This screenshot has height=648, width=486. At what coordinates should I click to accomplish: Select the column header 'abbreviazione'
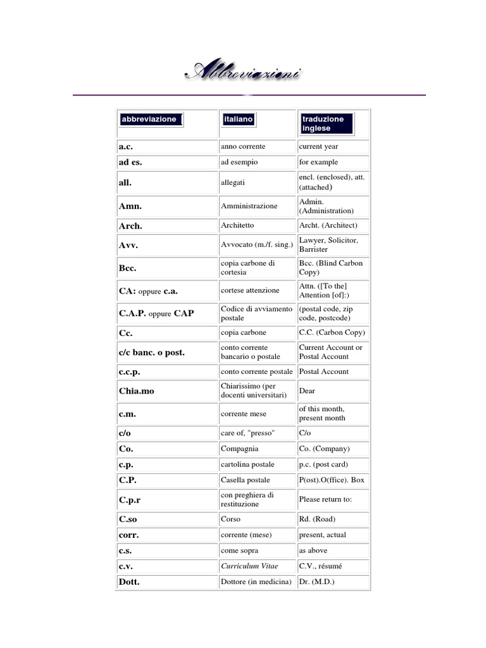click(149, 119)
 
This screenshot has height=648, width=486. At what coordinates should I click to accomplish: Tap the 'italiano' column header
click(238, 119)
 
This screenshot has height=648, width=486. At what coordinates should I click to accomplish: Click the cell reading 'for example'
click(319, 162)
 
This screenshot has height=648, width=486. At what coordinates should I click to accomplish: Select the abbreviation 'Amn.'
click(130, 206)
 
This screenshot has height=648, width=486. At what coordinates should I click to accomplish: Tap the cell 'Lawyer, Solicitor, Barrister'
click(328, 244)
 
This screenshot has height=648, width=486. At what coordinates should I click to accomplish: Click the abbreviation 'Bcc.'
click(128, 267)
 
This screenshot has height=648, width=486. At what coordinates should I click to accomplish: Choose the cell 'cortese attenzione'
click(250, 290)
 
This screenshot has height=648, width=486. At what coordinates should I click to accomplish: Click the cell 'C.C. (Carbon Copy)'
click(332, 332)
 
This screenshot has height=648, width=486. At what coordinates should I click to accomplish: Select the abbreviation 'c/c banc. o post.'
click(151, 352)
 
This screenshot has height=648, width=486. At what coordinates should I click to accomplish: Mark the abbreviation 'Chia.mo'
click(136, 390)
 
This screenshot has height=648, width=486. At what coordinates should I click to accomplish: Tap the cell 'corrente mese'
click(243, 414)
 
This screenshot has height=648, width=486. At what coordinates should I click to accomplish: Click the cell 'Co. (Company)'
click(323, 449)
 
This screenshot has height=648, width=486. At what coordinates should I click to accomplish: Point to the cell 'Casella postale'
click(245, 480)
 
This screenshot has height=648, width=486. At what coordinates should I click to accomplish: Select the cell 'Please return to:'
click(325, 499)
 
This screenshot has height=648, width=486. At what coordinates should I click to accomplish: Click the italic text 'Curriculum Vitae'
click(249, 566)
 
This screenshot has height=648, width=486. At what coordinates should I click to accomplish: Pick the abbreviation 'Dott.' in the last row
click(128, 582)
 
